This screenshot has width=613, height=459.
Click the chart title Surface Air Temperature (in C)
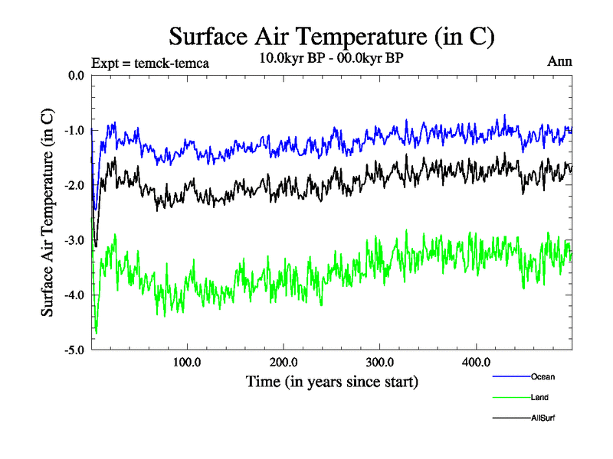pyautogui.click(x=332, y=36)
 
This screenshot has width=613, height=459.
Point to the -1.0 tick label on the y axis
pyautogui.click(x=74, y=131)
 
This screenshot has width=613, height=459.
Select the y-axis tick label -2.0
pyautogui.click(x=74, y=186)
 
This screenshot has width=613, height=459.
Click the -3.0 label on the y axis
pyautogui.click(x=74, y=241)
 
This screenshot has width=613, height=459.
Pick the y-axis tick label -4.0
pyautogui.click(x=74, y=295)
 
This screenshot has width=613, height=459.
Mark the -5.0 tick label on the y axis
pyautogui.click(x=74, y=350)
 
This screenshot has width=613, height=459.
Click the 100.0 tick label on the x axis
pyautogui.click(x=187, y=362)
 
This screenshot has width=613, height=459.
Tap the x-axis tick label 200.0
pyautogui.click(x=284, y=362)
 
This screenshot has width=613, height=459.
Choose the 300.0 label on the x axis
pyautogui.click(x=380, y=362)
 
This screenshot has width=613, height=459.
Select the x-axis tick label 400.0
pyautogui.click(x=477, y=362)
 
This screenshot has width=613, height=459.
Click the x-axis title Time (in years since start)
pyautogui.click(x=332, y=380)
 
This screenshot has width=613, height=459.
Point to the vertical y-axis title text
pyautogui.click(x=48, y=213)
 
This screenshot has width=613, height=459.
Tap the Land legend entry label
pyautogui.click(x=539, y=397)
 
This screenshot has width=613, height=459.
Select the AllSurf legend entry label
pyautogui.click(x=543, y=418)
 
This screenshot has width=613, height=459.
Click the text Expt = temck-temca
pyautogui.click(x=149, y=63)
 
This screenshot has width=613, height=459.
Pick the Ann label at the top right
pyautogui.click(x=559, y=60)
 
